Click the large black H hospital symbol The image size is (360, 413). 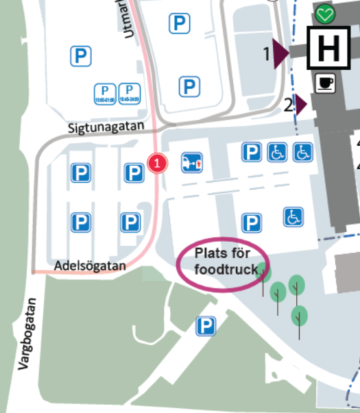tap(329, 49)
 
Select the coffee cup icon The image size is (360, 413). tap(324, 83)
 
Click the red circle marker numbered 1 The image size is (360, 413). tap(158, 163)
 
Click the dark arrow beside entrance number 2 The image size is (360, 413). tap(301, 105)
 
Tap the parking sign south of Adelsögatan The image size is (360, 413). tap(206, 326)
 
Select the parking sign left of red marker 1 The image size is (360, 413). tap(134, 173)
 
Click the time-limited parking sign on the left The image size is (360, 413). tap(105, 93)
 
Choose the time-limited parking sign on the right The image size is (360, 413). tap(129, 93)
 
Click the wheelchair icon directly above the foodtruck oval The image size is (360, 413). tap(293, 217)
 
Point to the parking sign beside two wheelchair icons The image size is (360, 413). tap(252, 152)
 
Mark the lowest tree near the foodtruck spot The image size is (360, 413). tap(299, 316)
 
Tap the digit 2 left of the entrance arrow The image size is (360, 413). tap(289, 105)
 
